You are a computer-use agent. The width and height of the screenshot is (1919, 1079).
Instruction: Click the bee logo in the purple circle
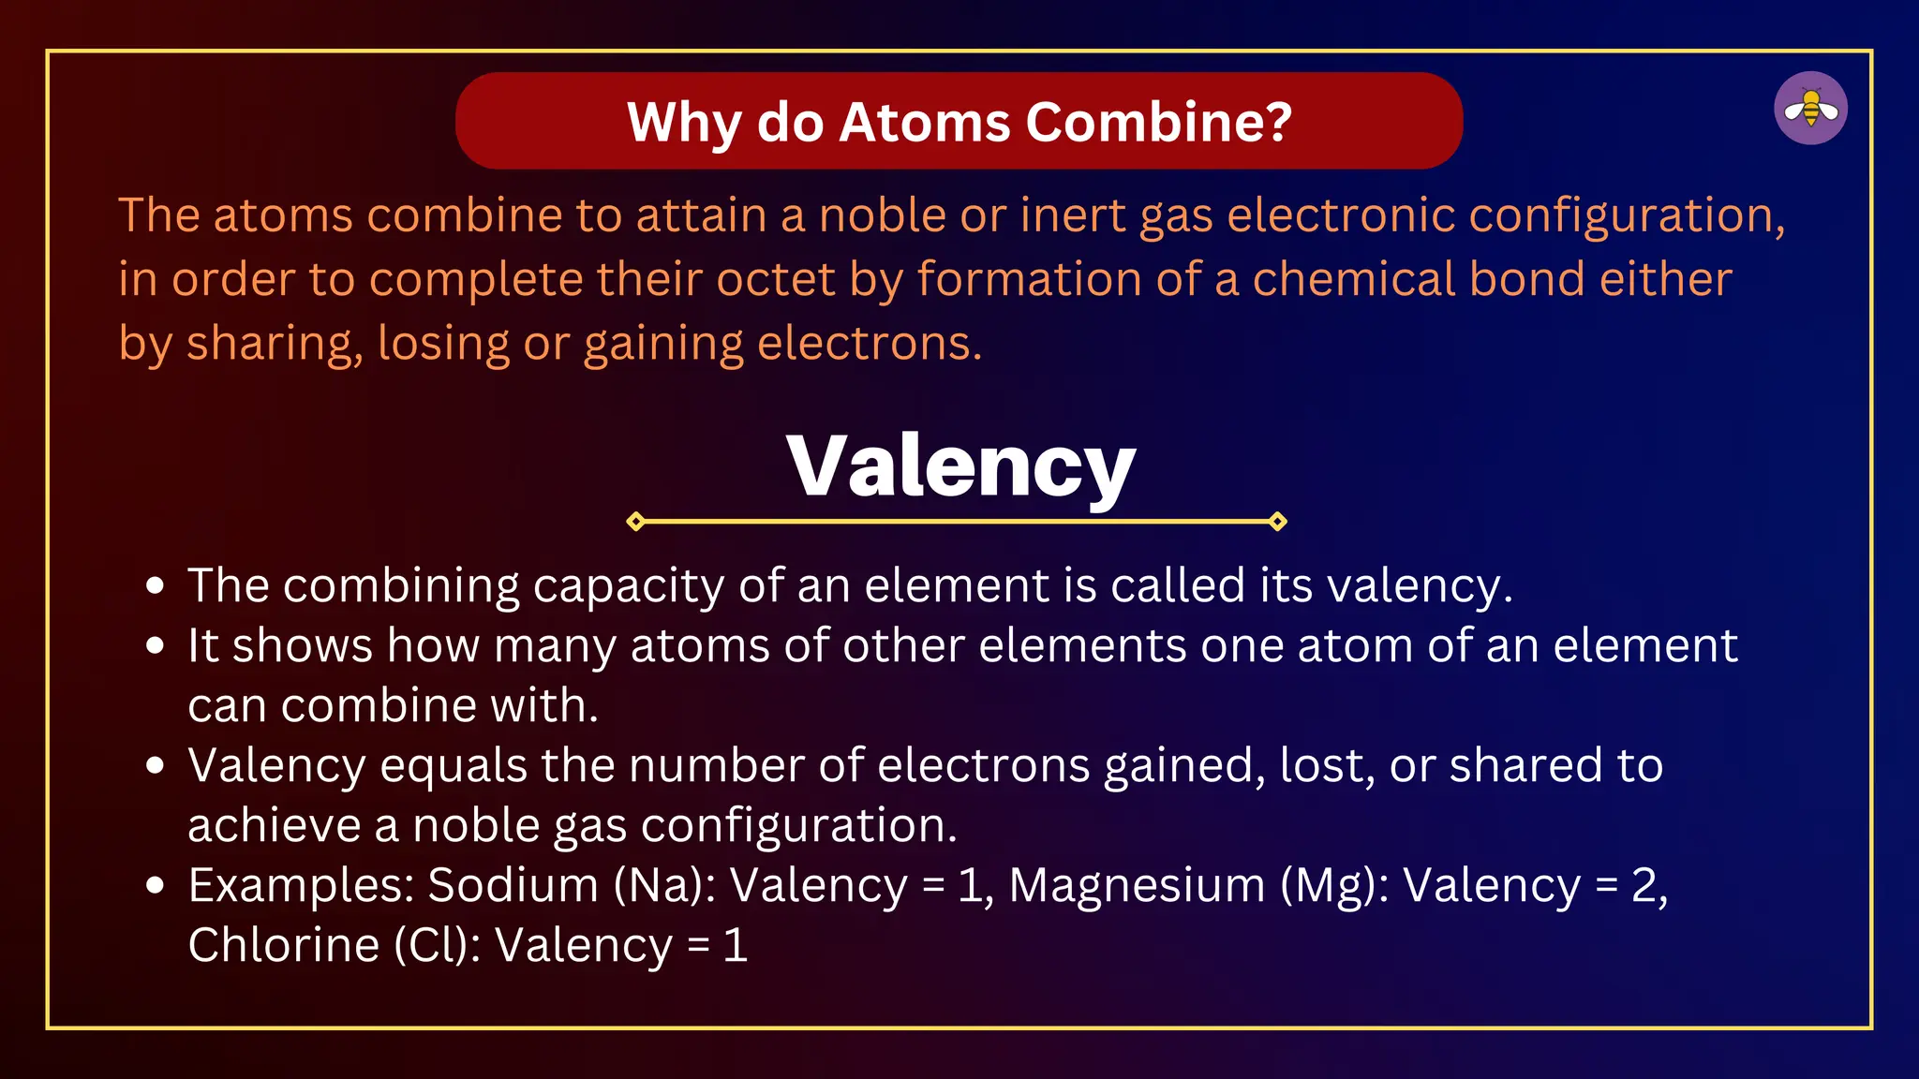click(1810, 109)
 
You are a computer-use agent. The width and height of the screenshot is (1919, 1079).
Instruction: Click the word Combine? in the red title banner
click(1159, 123)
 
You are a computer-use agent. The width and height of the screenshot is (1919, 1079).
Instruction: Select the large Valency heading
click(960, 466)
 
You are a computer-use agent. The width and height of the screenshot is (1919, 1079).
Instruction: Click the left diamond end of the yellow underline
click(635, 522)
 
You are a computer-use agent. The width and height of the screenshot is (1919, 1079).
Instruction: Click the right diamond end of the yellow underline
click(1277, 522)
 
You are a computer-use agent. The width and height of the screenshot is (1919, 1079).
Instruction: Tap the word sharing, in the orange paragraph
click(275, 344)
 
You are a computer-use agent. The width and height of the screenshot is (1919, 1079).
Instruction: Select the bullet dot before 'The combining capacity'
click(156, 587)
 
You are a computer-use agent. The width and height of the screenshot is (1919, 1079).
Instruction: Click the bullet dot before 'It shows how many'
click(156, 646)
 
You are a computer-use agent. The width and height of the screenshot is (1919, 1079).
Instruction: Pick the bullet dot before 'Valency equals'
click(156, 766)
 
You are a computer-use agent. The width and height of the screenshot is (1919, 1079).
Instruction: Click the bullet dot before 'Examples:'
click(156, 886)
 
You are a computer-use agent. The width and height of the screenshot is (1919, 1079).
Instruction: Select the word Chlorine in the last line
click(283, 945)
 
